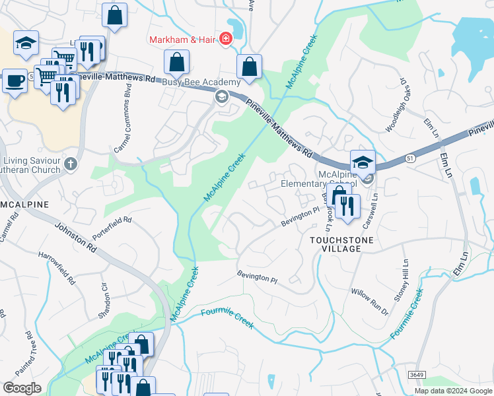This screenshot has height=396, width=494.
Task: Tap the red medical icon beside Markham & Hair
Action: point(226,40)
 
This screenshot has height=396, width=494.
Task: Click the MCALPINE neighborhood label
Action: point(24,205)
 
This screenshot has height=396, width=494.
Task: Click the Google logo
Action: point(22,388)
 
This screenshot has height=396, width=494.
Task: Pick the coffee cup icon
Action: point(15,81)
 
